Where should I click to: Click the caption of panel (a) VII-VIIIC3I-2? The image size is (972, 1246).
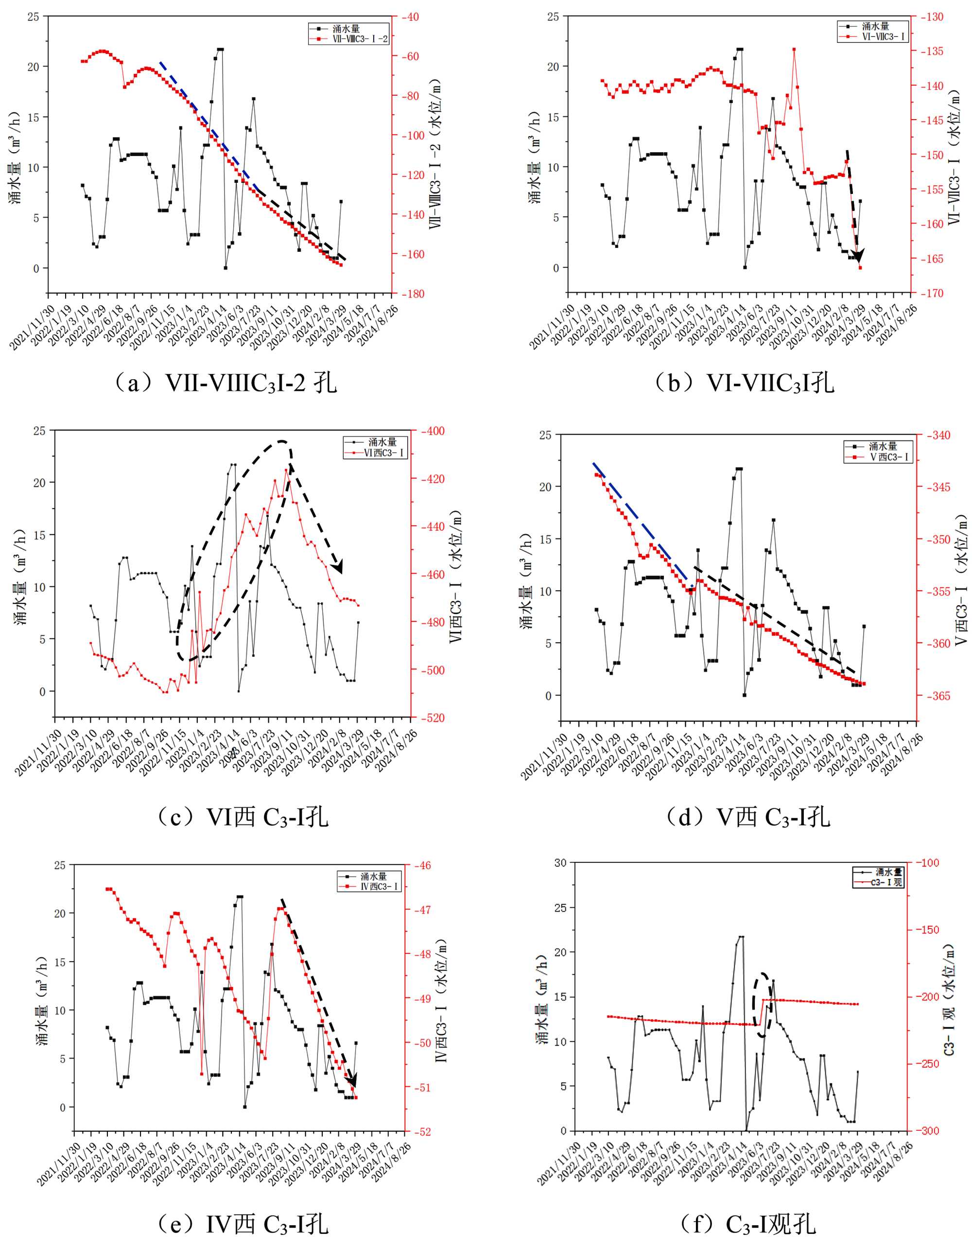pyautogui.click(x=226, y=383)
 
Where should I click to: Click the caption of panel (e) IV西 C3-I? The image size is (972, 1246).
pyautogui.click(x=243, y=1223)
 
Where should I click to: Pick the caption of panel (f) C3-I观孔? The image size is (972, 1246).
pyautogui.click(x=747, y=1223)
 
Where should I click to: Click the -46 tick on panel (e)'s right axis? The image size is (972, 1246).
pyautogui.click(x=422, y=865)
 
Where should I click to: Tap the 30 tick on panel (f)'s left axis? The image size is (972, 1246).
pyautogui.click(x=560, y=862)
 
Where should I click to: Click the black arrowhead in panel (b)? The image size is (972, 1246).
pyautogui.click(x=857, y=255)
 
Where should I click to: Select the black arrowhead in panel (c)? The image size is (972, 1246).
pyautogui.click(x=338, y=566)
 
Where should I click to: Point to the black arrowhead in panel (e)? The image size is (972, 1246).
pyautogui.click(x=352, y=1081)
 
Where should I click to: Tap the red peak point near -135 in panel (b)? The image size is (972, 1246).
pyautogui.click(x=794, y=49)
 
